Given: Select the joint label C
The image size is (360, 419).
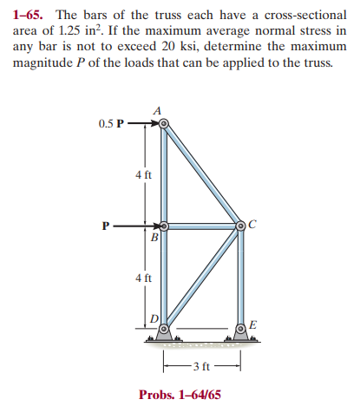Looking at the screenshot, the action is (x=252, y=225).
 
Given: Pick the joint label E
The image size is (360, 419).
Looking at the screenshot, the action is (x=252, y=325).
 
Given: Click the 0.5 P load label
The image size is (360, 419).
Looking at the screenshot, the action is (x=112, y=123).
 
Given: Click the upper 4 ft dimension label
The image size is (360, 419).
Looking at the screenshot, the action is (x=144, y=174).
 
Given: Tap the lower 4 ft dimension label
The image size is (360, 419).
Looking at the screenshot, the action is (x=144, y=278).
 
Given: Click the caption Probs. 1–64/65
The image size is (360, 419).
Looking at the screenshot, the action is (x=180, y=395).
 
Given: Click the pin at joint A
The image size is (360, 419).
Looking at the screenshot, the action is (x=164, y=123).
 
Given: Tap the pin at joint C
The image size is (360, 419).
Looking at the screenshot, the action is (x=241, y=226).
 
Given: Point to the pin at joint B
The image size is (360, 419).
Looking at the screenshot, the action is (x=164, y=226).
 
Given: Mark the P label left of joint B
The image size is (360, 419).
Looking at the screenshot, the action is (x=106, y=226).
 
